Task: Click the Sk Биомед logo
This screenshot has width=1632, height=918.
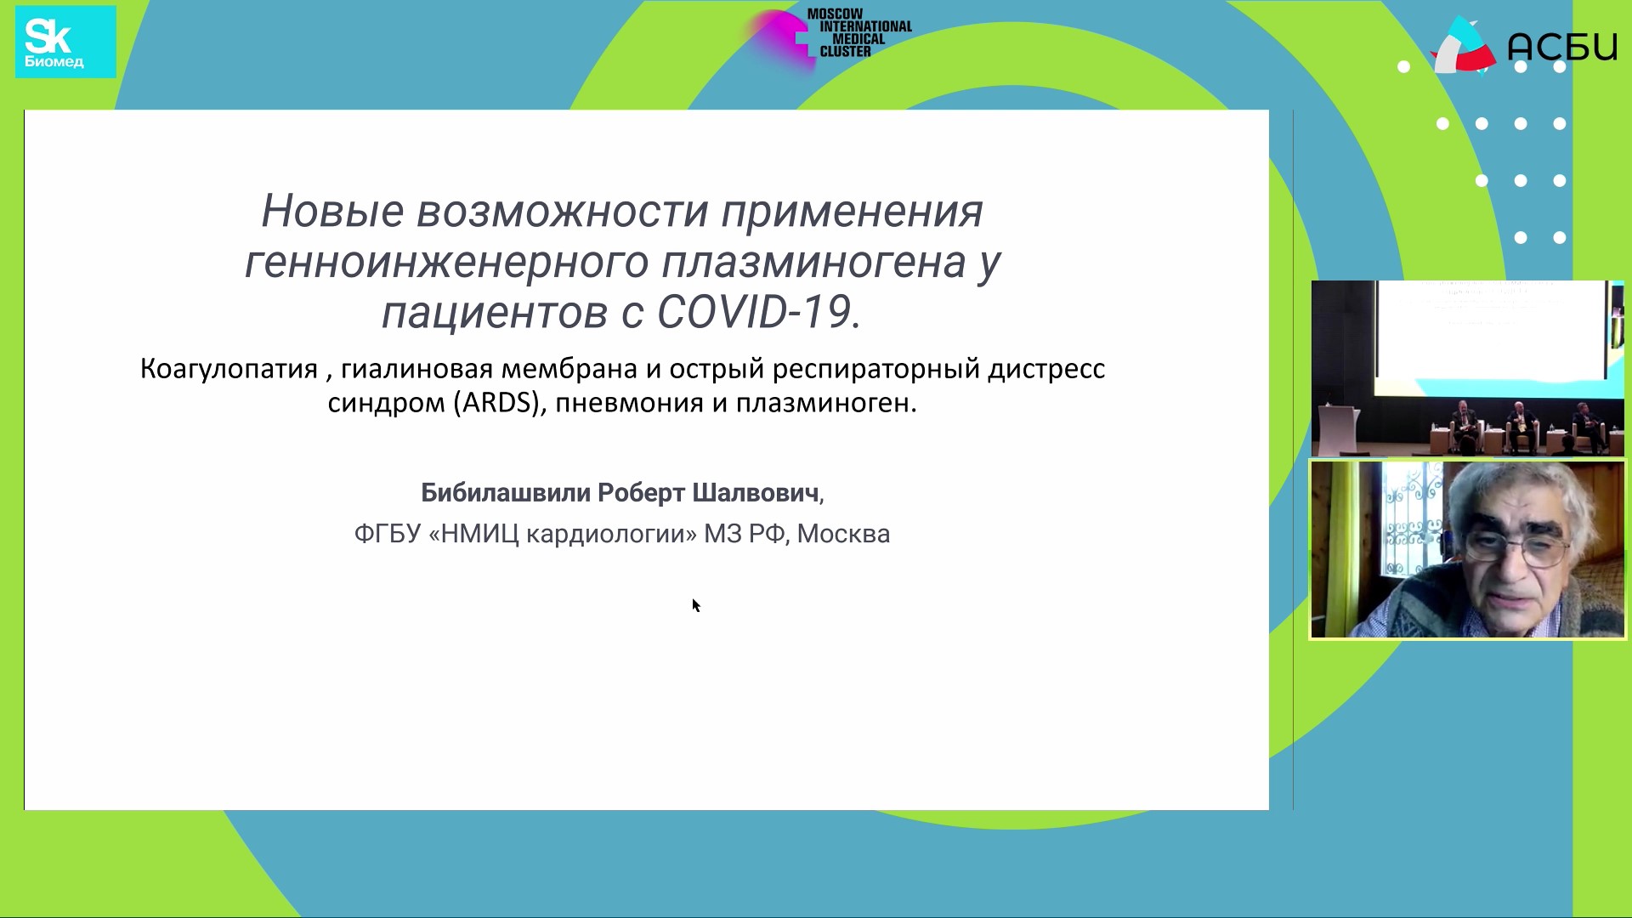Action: coord(65,42)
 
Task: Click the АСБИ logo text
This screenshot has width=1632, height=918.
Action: coord(1561,48)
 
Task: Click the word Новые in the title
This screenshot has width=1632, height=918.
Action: coord(331,211)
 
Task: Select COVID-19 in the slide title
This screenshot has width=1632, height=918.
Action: coord(753,312)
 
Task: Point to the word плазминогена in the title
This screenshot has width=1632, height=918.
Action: coord(814,263)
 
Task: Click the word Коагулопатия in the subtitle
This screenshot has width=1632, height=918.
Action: coord(229,370)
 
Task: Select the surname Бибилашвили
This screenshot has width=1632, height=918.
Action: coord(506,493)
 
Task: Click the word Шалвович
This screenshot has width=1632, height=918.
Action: coord(756,493)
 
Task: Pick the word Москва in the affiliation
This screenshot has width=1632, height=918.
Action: coord(843,534)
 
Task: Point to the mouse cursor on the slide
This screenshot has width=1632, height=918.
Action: coord(696,605)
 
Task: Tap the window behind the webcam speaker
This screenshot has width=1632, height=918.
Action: coord(1411,527)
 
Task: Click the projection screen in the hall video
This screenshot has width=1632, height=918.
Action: coord(1492,331)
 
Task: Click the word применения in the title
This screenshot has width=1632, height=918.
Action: coord(852,211)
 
